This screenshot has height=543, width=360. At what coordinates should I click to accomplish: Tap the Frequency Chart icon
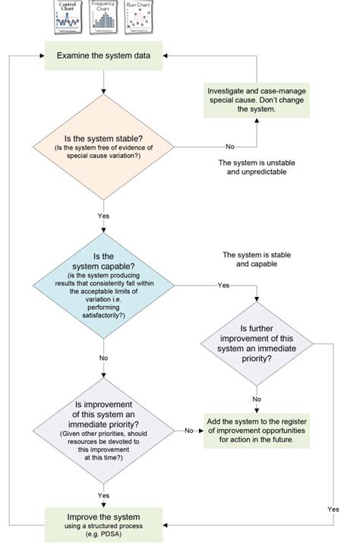click(x=103, y=17)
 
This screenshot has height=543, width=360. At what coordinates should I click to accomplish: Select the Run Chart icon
click(x=139, y=17)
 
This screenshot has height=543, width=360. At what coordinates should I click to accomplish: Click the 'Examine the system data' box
click(x=103, y=55)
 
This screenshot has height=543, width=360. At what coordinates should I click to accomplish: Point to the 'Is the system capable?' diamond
click(x=103, y=285)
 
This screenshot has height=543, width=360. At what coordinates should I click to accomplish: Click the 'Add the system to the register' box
click(x=257, y=431)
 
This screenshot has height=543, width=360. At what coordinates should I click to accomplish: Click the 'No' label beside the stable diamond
click(x=229, y=146)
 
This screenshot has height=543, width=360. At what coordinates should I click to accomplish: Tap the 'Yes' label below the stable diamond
click(x=103, y=216)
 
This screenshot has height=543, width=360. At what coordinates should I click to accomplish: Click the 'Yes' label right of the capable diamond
click(x=223, y=285)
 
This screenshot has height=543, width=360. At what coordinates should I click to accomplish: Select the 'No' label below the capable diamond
click(x=103, y=357)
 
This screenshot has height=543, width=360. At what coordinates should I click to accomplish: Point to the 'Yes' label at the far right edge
click(x=333, y=509)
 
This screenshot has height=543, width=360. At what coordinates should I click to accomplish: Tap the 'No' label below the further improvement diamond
click(x=257, y=399)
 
